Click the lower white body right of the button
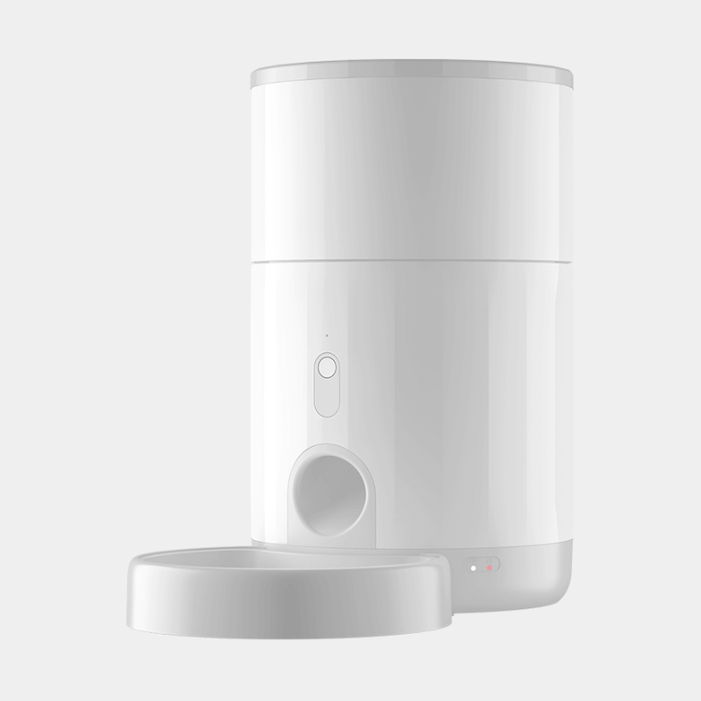tap(439, 374)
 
